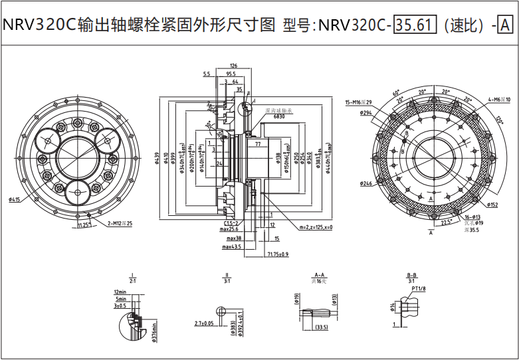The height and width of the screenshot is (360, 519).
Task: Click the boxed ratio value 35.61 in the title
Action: (414, 25)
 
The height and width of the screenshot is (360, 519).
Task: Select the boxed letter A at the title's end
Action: (505, 25)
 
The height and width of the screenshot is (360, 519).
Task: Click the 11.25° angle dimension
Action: (84, 225)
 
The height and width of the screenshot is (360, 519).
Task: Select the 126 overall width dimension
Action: (233, 66)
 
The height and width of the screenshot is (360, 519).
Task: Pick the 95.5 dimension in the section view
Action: (231, 74)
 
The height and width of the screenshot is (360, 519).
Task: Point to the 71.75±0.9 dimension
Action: (277, 254)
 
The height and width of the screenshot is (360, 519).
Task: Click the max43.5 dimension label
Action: (232, 247)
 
